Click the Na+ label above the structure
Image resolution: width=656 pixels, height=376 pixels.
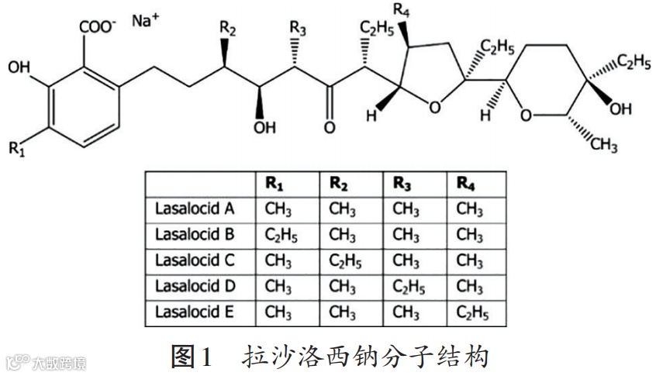pos(145,20)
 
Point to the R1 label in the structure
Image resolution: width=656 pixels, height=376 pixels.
pos(17,149)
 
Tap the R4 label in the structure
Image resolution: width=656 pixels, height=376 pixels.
pos(402,10)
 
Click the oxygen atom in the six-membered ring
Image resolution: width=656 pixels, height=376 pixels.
pos(527,117)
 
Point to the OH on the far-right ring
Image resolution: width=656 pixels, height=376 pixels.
pos(620,109)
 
